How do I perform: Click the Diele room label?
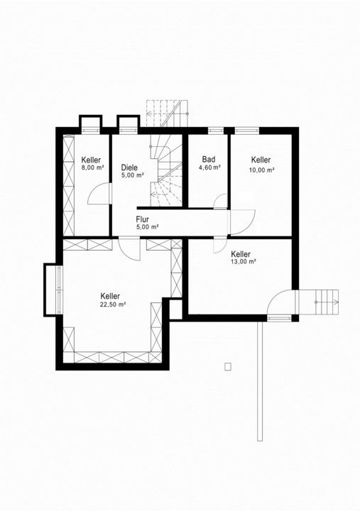(x=129, y=167)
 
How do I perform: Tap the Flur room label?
(x=143, y=219)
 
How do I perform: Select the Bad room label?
(x=209, y=160)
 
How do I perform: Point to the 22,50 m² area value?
(x=113, y=304)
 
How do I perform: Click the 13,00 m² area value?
(x=244, y=262)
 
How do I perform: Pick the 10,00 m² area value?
(x=262, y=170)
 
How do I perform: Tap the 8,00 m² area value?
(x=92, y=167)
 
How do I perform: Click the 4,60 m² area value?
(x=209, y=167)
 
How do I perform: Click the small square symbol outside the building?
(x=228, y=367)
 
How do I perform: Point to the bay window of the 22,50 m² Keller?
(x=52, y=290)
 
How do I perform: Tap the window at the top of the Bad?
(x=216, y=130)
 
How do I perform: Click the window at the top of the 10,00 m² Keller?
(x=247, y=130)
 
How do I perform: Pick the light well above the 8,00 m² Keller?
(x=91, y=123)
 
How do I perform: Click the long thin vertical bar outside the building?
(x=260, y=381)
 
